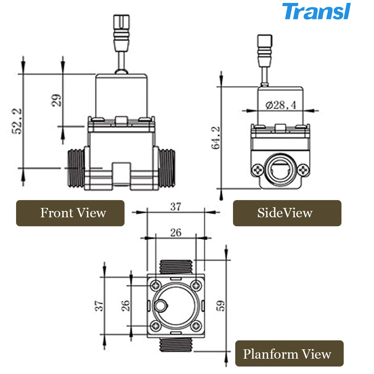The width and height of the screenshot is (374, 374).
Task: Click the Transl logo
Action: [316, 11]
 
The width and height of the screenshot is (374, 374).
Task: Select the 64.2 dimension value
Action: [217, 138]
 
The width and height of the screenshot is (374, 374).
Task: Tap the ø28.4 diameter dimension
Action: [280, 105]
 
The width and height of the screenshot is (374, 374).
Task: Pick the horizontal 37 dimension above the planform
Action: [176, 206]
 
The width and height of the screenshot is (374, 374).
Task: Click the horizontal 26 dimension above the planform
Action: [175, 232]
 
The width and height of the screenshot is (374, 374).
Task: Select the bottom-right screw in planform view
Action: [196, 326]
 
